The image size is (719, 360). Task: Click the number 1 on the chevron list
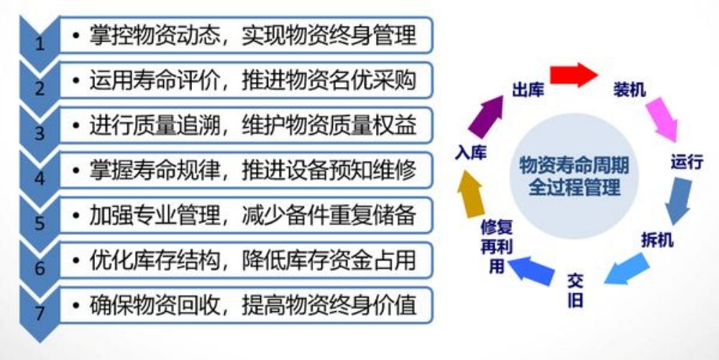click(x=40, y=45)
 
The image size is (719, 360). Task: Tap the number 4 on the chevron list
click(x=40, y=179)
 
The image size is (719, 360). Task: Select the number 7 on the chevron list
click(x=40, y=313)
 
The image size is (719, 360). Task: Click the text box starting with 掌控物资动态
click(x=246, y=35)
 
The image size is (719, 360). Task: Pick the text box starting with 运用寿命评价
click(x=246, y=80)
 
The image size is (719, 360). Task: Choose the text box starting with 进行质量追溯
click(x=246, y=125)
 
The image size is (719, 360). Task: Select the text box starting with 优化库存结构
click(x=246, y=260)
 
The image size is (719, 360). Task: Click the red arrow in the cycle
click(x=574, y=75)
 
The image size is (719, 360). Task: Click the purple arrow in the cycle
click(x=486, y=116)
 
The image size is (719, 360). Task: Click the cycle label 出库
click(x=528, y=91)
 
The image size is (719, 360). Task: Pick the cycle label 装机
click(x=630, y=90)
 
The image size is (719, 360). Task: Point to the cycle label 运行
click(x=687, y=162)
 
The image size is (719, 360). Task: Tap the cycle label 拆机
click(x=656, y=240)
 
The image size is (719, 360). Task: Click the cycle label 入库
click(x=470, y=153)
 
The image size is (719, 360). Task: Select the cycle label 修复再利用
click(x=496, y=246)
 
